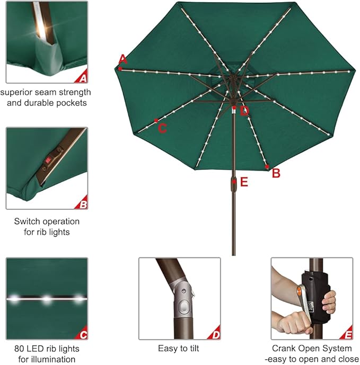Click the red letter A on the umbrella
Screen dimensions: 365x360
point(123,58)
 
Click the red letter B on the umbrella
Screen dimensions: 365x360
point(276,173)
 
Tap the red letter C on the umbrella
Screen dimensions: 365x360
point(163,128)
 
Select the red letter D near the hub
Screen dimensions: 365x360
point(244,111)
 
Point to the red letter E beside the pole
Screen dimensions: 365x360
point(244,182)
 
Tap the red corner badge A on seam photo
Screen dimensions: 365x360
point(83,78)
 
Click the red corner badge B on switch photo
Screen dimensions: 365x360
point(83,204)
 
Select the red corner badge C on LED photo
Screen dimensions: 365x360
point(83,334)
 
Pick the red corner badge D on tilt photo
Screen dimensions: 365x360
point(215,334)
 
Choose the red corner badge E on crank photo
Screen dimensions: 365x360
point(348,334)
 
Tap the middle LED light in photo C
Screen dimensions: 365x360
point(47,299)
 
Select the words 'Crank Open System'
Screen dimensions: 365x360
point(312,349)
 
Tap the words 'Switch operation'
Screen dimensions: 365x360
point(47,221)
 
